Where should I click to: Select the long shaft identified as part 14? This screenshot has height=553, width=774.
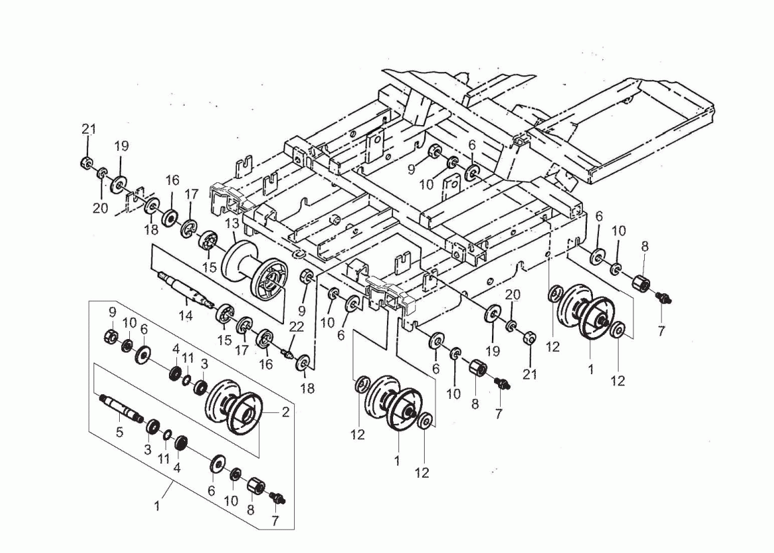click(x=182, y=287)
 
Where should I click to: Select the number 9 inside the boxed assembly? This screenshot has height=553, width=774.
click(x=112, y=313)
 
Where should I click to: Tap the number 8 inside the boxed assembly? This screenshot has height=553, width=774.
click(x=250, y=511)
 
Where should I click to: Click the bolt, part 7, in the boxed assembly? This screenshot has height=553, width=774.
click(x=276, y=498)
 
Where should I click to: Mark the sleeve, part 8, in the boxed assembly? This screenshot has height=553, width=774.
click(x=255, y=486)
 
